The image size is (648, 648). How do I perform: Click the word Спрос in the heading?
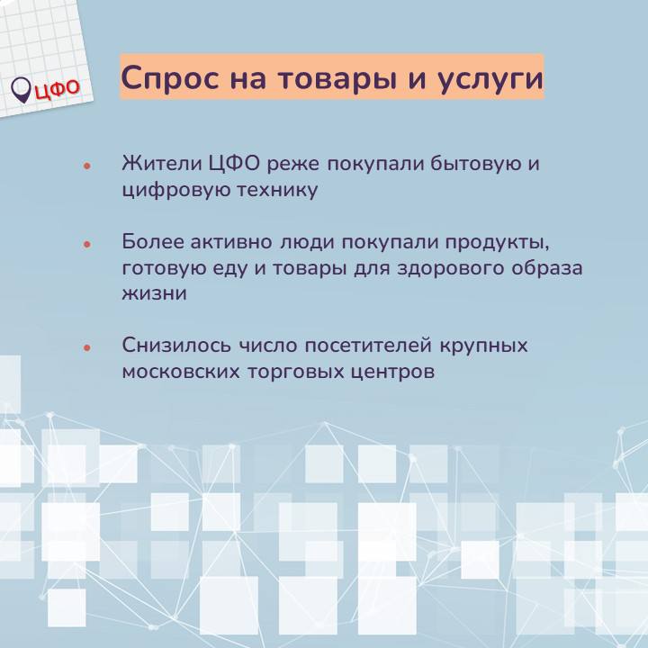tap(170, 77)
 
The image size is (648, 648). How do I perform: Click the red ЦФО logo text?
tap(57, 89)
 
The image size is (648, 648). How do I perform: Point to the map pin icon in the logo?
tap(21, 90)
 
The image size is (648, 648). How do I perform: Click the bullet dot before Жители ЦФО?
tap(86, 166)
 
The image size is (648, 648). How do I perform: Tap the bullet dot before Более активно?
tap(86, 244)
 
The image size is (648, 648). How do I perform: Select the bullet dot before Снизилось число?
tap(86, 347)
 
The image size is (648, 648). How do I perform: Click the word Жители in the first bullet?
tap(162, 163)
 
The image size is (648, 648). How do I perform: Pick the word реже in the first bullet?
tap(293, 166)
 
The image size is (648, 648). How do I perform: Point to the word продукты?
tap(497, 243)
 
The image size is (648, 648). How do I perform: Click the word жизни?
tap(155, 293)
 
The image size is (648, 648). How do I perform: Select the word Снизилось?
tap(176, 346)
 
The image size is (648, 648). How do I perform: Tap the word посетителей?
tap(368, 346)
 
